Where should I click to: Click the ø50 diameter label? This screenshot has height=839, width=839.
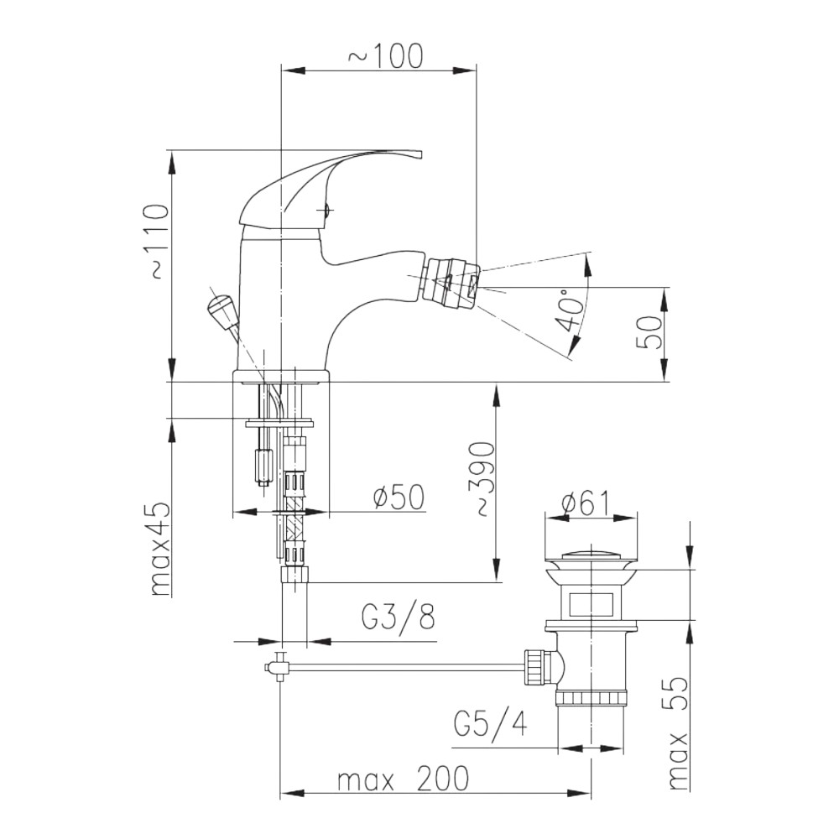point(397,498)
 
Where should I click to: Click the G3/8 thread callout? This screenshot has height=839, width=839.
point(398,618)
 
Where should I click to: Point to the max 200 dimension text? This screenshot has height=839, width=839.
point(403,780)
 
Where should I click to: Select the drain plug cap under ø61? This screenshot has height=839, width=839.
point(591,557)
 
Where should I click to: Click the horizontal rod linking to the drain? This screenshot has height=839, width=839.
point(403,668)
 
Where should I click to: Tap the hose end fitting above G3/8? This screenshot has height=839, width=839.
point(294,575)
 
